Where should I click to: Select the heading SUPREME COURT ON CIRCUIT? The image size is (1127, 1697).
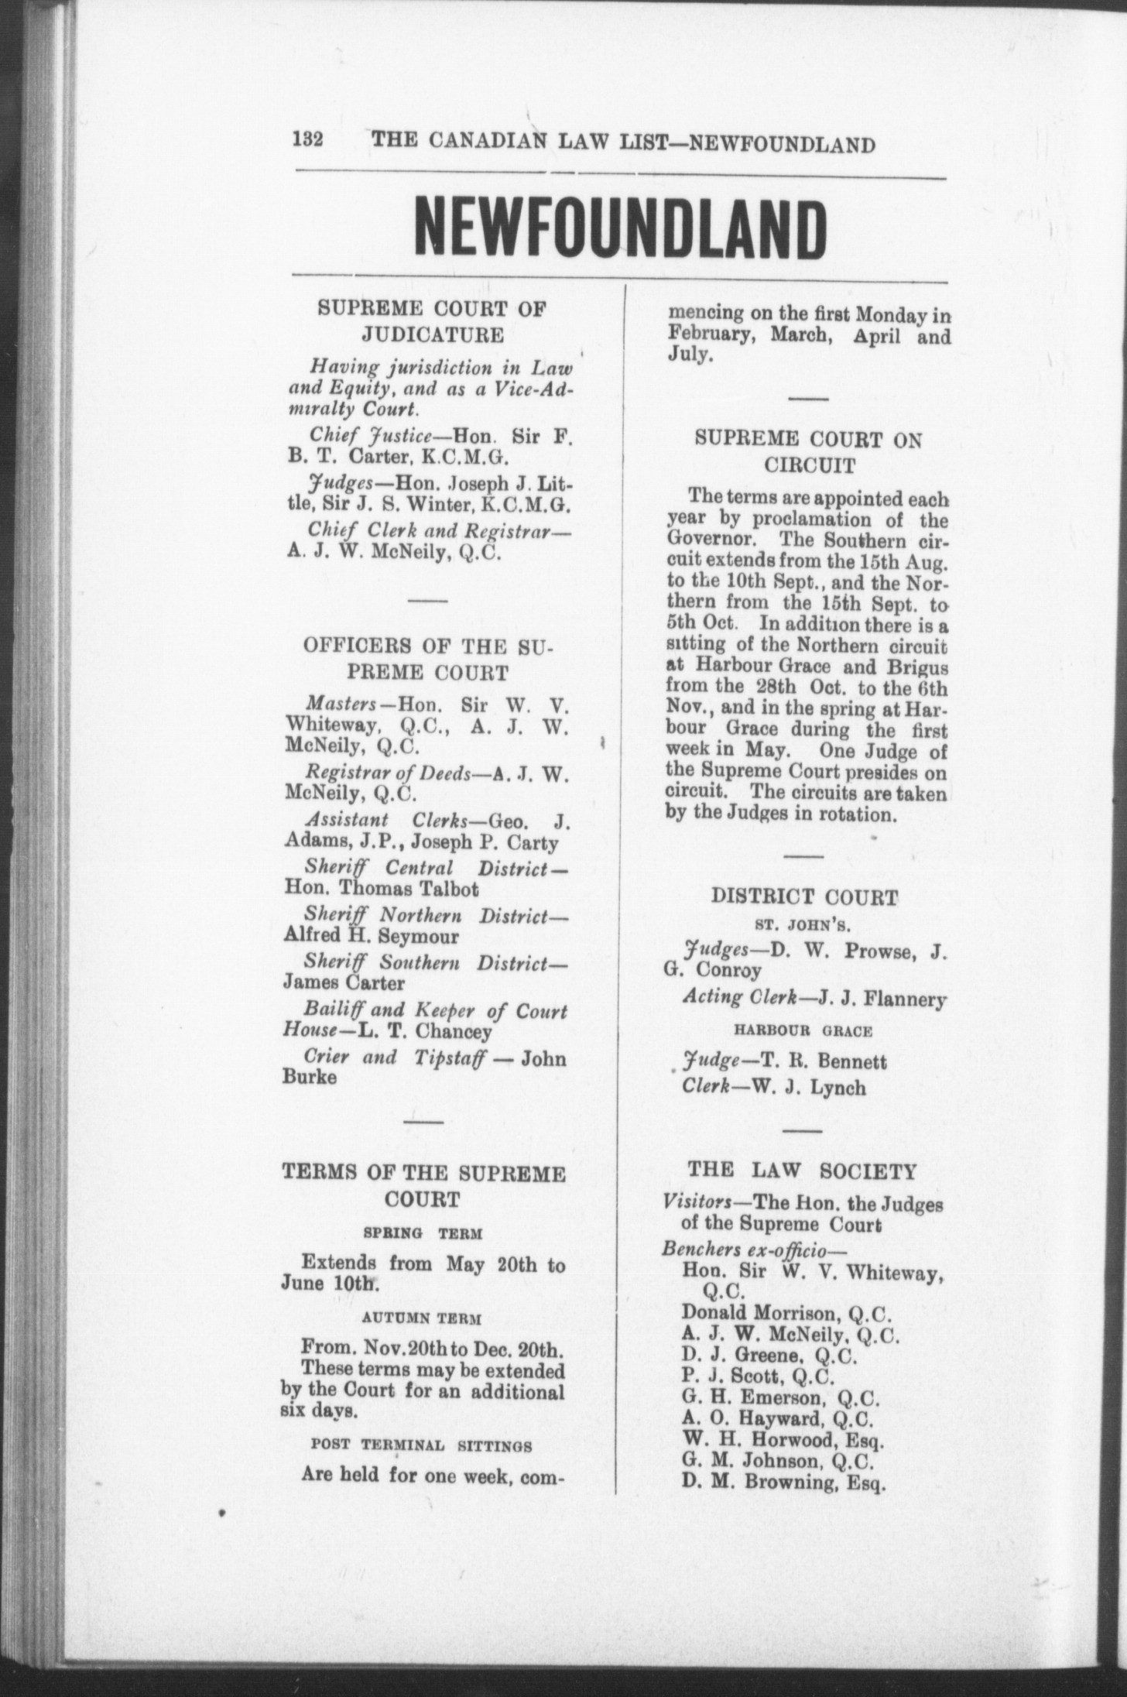click(x=809, y=452)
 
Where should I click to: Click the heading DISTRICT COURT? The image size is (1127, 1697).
click(x=805, y=897)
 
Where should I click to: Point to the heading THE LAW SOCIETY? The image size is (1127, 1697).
click(x=803, y=1171)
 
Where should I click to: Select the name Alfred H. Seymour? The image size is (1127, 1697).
click(x=372, y=936)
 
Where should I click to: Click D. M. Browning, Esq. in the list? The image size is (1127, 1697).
click(x=783, y=1482)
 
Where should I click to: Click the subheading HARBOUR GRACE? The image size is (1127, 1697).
click(x=804, y=1030)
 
